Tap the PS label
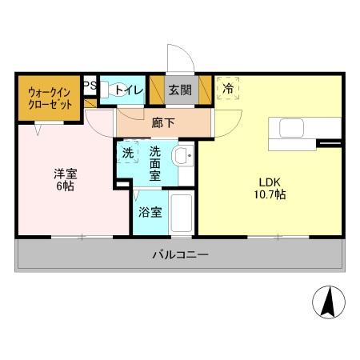pyautogui.click(x=89, y=84)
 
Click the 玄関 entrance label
pyautogui.click(x=179, y=90)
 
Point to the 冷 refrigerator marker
pyautogui.click(x=229, y=88)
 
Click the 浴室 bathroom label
pyautogui.click(x=150, y=212)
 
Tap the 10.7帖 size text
pyautogui.click(x=270, y=194)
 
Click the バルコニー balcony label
pyautogui.click(x=181, y=256)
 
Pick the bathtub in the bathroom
pyautogui.click(x=182, y=214)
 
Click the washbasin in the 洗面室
pyautogui.click(x=183, y=157)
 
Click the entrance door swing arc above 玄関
pyautogui.click(x=178, y=58)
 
